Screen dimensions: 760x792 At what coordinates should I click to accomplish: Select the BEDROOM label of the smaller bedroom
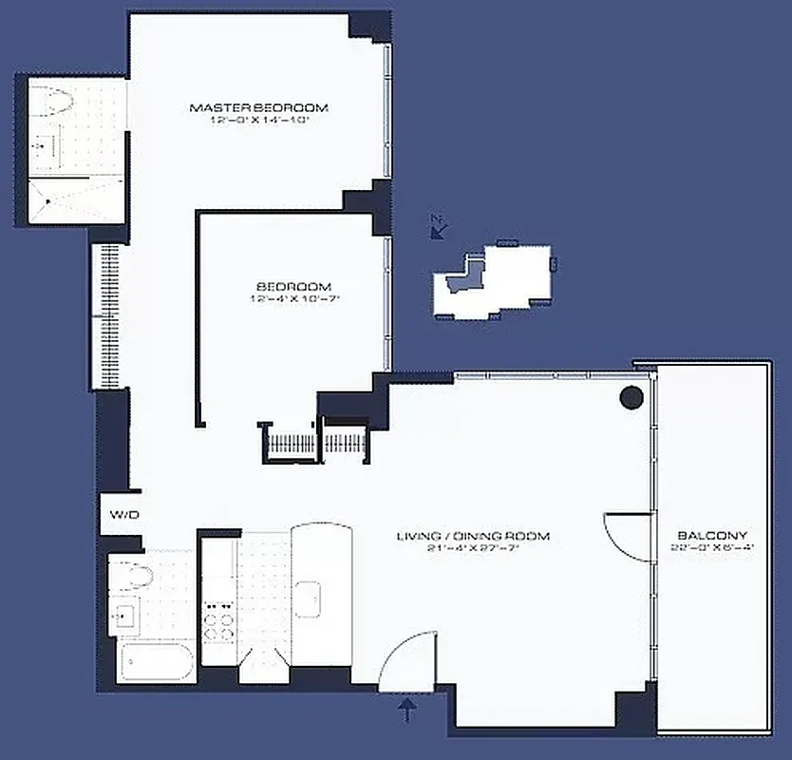click(x=293, y=287)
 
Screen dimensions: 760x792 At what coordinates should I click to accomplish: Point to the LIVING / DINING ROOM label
click(x=473, y=537)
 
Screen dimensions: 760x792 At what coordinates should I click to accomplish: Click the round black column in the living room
click(x=632, y=398)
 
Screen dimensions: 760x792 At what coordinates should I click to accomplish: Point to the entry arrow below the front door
click(x=409, y=711)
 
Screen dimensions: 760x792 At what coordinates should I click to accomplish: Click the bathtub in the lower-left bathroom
click(x=157, y=660)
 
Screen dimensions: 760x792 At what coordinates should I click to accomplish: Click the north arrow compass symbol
click(x=438, y=226)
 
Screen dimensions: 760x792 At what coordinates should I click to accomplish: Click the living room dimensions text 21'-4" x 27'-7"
click(x=473, y=549)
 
